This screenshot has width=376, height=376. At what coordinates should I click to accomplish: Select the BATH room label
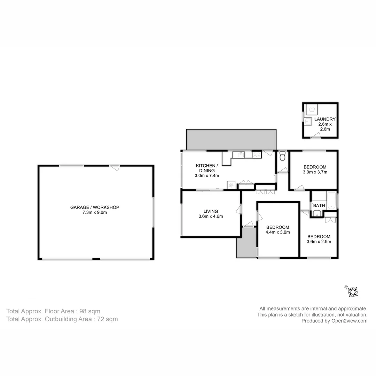(319, 206)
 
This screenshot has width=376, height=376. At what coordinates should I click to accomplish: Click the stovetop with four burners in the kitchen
(257, 154)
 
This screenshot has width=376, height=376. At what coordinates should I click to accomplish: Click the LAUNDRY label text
(325, 119)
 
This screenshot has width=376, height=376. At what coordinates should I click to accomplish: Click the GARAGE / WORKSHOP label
(95, 207)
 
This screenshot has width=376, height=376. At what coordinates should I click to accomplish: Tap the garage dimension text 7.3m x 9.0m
(95, 212)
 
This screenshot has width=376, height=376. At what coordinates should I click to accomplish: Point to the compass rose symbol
(352, 291)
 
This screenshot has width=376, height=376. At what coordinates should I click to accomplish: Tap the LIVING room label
(211, 211)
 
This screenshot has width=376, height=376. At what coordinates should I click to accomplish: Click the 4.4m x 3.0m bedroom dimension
(278, 232)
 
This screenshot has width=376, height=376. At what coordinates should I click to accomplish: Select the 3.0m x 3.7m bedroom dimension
(315, 172)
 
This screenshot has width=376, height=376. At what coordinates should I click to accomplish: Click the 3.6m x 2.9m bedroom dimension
(319, 242)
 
